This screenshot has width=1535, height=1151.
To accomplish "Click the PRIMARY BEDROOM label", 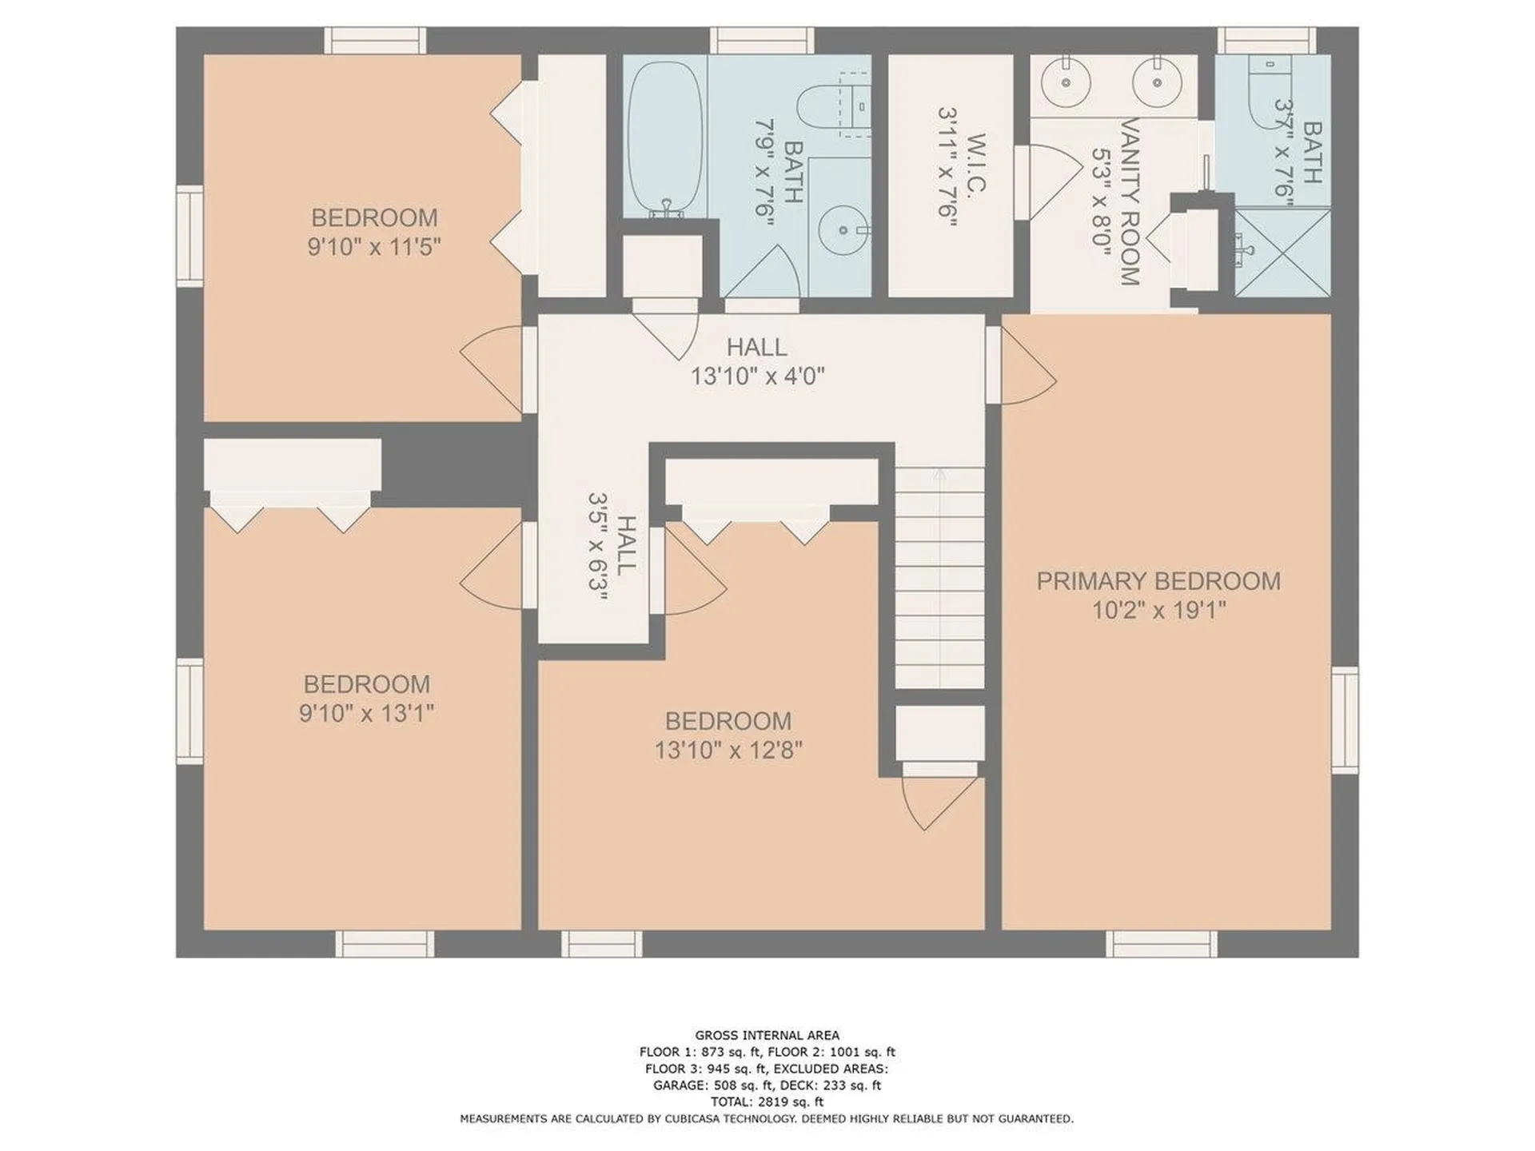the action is (x=1158, y=581).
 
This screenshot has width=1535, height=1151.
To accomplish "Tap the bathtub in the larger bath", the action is (x=665, y=137).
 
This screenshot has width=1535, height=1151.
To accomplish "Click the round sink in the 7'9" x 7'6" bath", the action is (x=843, y=231).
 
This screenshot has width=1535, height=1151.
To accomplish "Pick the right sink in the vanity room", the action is (x=1157, y=81).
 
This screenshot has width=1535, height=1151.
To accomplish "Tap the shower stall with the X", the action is (x=1282, y=251).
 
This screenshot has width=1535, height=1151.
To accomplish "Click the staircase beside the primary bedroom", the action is (x=939, y=577).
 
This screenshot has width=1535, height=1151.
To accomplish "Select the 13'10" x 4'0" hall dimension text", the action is (x=757, y=376).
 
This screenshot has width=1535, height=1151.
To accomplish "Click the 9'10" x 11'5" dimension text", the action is (x=374, y=246).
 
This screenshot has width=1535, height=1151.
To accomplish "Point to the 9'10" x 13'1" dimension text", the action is (x=366, y=713).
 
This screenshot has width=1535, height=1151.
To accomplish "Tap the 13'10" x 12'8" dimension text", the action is (x=728, y=751).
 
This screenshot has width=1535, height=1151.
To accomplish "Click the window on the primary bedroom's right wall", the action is (x=1345, y=719).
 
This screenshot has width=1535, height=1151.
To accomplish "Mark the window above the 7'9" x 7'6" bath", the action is (x=762, y=40).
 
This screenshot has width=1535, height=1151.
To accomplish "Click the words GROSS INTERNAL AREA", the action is (x=767, y=1035).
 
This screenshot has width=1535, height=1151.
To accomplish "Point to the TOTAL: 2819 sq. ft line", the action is (x=767, y=1101).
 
